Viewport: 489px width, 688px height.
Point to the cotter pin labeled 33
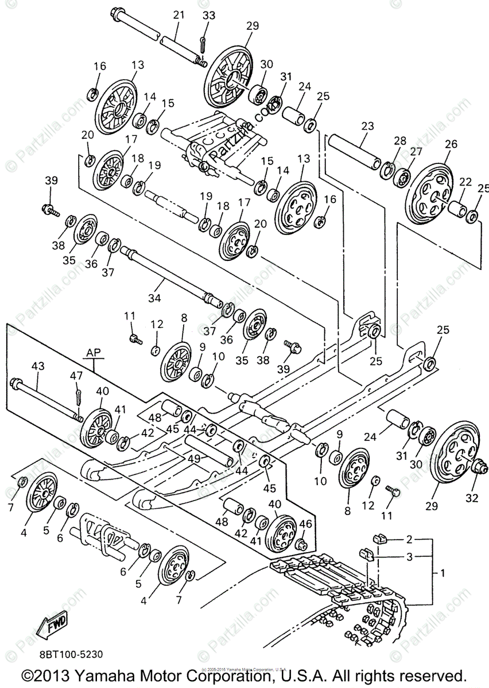[x=202, y=44]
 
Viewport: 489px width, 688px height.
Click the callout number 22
[x=465, y=182]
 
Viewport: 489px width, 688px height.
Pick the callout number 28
[x=399, y=140]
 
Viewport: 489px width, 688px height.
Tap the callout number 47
[x=76, y=376]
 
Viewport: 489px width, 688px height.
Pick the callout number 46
[x=305, y=523]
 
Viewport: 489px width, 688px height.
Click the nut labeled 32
[x=475, y=467]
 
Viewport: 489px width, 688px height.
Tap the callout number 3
[x=409, y=556]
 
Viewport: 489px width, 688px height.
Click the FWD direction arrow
[x=52, y=623]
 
